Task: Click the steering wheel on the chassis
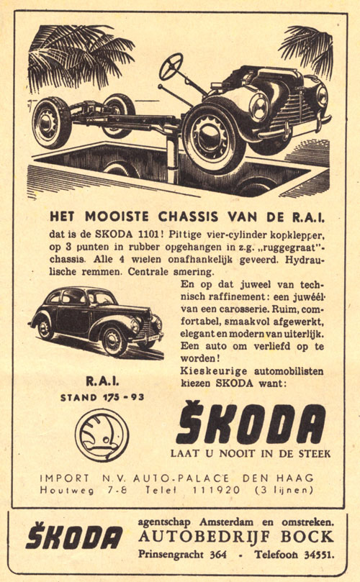coord(171,67)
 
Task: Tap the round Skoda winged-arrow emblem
coord(102,434)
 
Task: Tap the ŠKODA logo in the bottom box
coord(74,537)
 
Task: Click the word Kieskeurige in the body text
coord(209,370)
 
